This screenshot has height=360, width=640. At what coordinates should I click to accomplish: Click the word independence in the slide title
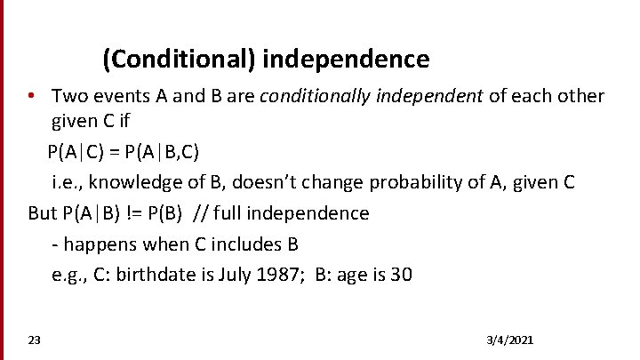(346, 60)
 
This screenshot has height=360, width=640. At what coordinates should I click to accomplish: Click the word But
(42, 213)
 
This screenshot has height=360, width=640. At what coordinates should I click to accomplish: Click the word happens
(97, 244)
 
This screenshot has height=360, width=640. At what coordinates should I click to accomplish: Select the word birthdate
(153, 275)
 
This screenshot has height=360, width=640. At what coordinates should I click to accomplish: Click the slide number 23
(34, 341)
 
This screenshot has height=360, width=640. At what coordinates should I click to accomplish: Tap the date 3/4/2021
(510, 341)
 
